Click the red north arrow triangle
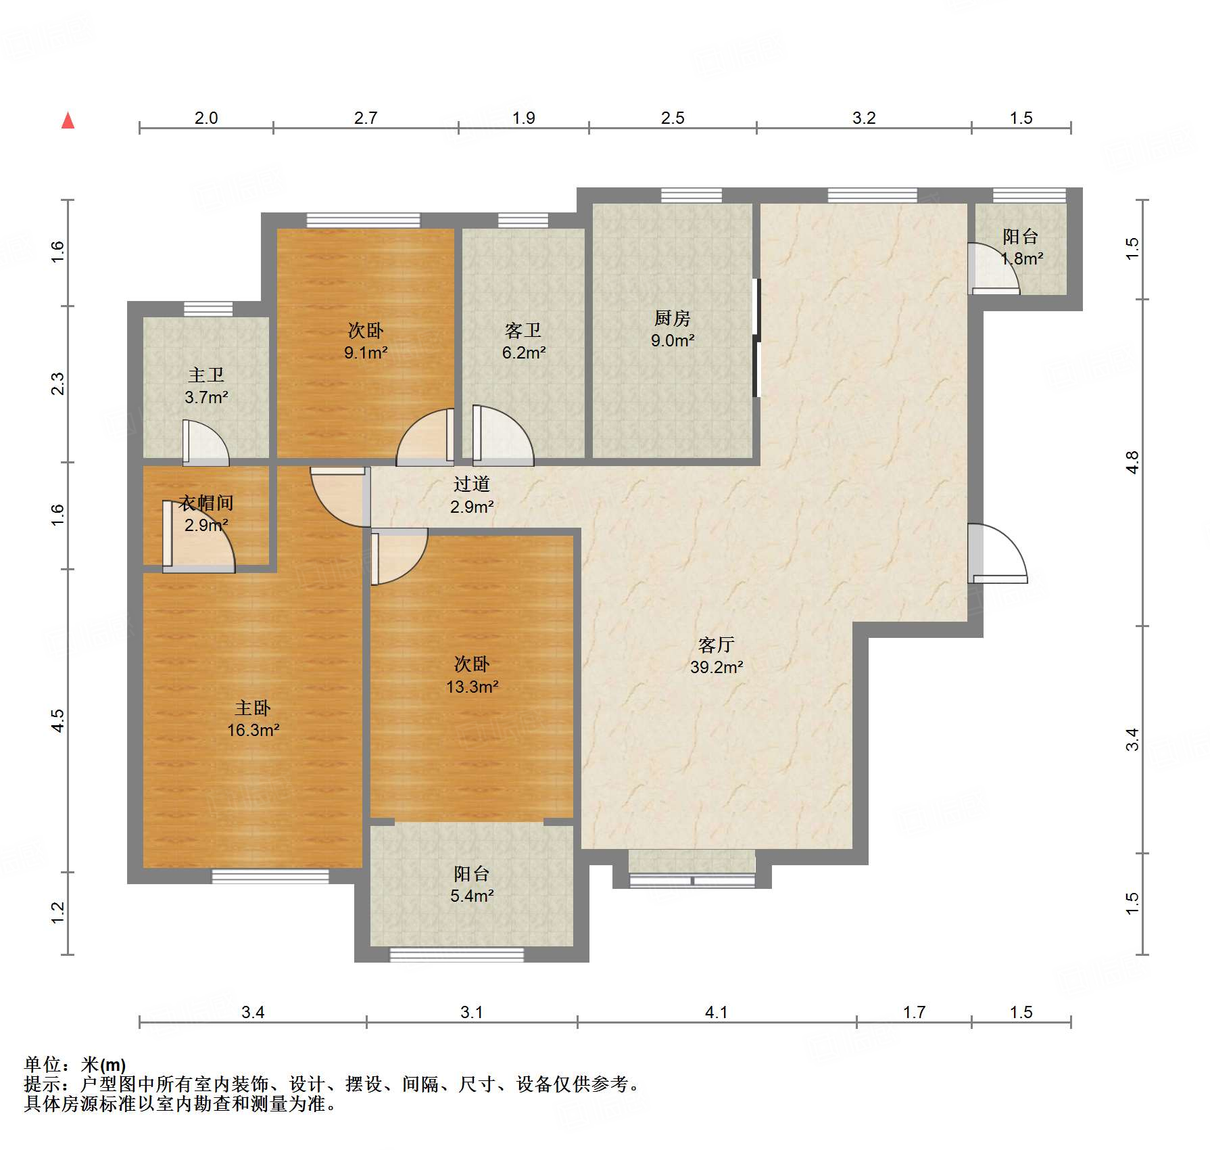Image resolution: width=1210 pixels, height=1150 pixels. pos(68,120)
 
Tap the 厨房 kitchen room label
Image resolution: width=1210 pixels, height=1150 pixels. pos(672,318)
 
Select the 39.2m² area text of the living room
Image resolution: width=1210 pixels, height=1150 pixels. pos(717,667)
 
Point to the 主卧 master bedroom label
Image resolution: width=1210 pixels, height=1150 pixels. pos(253,708)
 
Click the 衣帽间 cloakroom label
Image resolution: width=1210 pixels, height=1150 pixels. pos(206,503)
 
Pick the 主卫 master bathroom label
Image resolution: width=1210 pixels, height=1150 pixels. pos(206,375)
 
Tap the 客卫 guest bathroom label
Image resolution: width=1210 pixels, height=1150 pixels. pos(523,330)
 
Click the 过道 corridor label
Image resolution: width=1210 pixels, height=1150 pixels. pos(472,484)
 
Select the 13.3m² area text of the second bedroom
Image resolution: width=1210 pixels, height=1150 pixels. pos(472,687)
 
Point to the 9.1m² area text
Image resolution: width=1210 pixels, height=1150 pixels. pos(366,352)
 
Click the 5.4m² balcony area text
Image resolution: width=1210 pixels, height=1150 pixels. pos(472,896)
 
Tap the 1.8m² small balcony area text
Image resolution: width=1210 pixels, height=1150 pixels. pos(1021,258)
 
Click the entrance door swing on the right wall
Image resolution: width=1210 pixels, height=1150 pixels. pos(998,553)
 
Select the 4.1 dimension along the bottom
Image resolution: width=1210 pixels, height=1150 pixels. pos(717,1012)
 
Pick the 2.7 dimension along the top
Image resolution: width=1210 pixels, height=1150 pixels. pos(366,118)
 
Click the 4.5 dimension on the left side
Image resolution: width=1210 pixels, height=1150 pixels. pos(58,720)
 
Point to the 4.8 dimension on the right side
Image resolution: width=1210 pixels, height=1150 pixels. pos(1133,462)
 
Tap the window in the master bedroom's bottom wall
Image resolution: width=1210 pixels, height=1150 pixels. pos(270,876)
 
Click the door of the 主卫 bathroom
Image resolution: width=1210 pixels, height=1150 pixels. pos(205,443)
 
